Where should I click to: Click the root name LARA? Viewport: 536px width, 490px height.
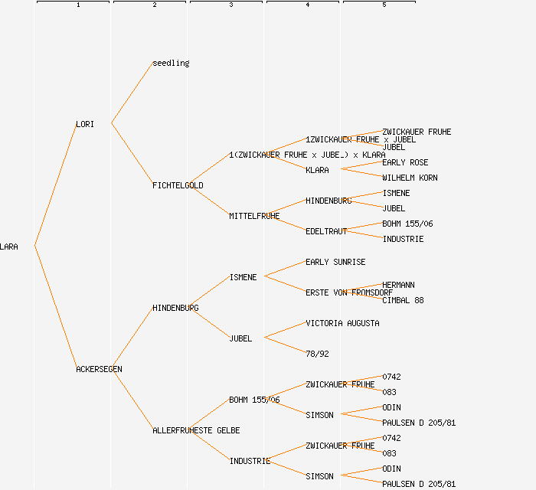coord(9,247)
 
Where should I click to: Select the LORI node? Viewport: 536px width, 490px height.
coord(85,124)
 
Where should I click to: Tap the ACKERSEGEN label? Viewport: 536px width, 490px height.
coord(99,369)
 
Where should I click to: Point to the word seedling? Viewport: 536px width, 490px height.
coord(171,63)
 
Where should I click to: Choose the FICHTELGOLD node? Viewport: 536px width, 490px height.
coord(178,185)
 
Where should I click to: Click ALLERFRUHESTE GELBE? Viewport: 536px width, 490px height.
coord(196,430)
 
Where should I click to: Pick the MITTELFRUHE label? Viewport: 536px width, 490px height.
coord(254,216)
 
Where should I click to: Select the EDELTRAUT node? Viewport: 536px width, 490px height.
coord(326,231)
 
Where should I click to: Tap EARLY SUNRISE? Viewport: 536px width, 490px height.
coord(335,262)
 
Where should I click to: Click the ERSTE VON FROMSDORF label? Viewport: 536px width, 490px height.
coord(349,292)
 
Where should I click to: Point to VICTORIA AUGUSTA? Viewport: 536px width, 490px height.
coord(342,323)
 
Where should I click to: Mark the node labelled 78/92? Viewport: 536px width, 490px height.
coord(317,354)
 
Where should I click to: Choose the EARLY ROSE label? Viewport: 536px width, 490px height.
coord(405,162)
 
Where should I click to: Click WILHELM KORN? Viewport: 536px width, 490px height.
coord(410,178)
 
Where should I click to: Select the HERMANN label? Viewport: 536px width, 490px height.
coord(398,285)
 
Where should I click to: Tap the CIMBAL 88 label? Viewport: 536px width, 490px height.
coord(403,300)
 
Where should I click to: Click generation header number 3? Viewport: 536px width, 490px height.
coord(230,5)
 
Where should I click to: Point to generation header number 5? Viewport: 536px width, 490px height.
coord(384,5)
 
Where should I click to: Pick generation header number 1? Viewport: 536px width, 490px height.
coord(77,5)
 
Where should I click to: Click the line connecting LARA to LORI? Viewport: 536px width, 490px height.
coord(55,185)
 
